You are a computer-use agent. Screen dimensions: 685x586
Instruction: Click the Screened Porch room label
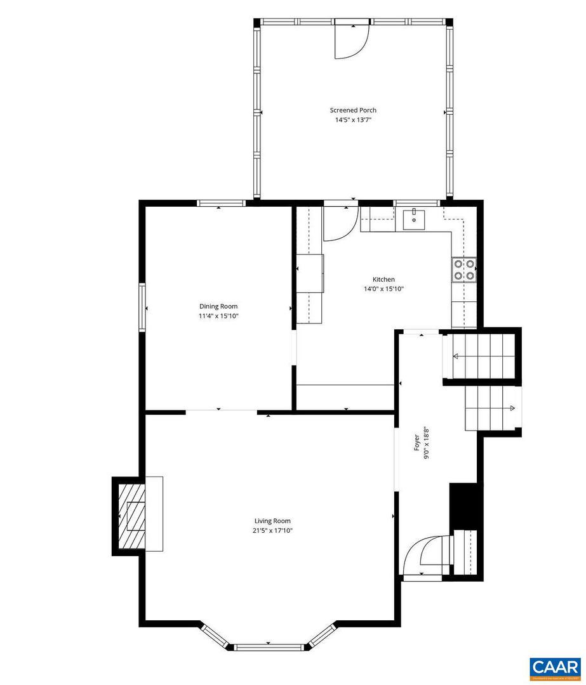coord(353,110)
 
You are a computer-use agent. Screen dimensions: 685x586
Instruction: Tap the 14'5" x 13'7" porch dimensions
coord(353,120)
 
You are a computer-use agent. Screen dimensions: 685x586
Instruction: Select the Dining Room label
coord(218,306)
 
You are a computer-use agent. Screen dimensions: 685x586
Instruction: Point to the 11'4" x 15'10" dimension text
coord(218,316)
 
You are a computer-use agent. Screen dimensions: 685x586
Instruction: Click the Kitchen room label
coord(383,279)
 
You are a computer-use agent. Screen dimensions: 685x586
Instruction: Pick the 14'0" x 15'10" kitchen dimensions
coord(383,289)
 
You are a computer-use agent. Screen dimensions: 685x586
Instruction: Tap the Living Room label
coord(273,521)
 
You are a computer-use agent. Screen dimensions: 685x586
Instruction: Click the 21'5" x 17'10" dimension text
coord(273,531)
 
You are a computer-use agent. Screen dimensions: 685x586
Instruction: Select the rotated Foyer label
coord(417,442)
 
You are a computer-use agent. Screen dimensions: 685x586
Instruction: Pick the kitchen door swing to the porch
coord(340,223)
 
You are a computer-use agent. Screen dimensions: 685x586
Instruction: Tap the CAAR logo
coord(554,668)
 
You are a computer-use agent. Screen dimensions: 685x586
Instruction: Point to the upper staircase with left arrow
coord(480,357)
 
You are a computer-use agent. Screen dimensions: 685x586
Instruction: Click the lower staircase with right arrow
coord(493,407)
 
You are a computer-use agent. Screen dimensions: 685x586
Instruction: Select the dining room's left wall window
coord(142,308)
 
